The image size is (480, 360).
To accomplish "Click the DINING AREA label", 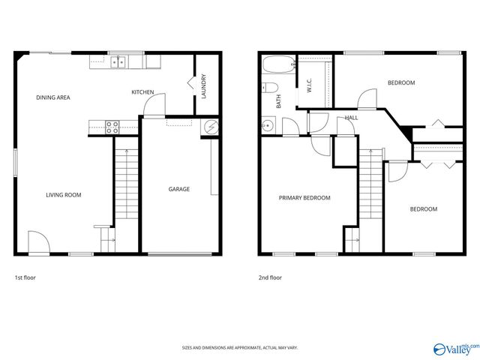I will (x=53, y=97).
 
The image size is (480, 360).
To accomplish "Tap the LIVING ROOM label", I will (x=64, y=195).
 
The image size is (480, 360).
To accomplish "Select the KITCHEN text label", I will (x=142, y=92).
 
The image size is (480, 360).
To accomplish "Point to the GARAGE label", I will (x=178, y=189).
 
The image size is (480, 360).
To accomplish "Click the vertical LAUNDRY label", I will (x=204, y=87).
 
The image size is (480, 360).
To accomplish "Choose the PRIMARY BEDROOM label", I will (x=304, y=198).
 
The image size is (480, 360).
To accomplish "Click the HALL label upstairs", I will (x=351, y=118).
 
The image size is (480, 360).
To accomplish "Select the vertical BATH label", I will (x=279, y=100).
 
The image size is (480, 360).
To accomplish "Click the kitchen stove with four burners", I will (x=112, y=127).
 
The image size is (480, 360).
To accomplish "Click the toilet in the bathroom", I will (x=269, y=87).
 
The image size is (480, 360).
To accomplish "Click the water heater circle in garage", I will (x=211, y=127).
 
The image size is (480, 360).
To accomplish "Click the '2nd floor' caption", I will (x=270, y=277).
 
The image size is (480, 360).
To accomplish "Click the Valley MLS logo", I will (x=455, y=348).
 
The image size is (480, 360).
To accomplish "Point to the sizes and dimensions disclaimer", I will (x=240, y=348).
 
